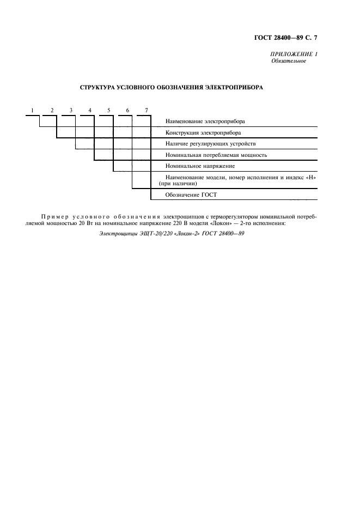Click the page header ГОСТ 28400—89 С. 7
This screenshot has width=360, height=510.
(285, 38)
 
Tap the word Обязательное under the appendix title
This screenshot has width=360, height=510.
(289, 61)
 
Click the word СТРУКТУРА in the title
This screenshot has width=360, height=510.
(100, 87)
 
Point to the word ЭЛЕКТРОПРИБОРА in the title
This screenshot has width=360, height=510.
(238, 87)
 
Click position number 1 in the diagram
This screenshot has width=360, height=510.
(33, 111)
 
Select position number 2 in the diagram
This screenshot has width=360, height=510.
(52, 111)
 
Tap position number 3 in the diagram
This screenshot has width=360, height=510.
(71, 111)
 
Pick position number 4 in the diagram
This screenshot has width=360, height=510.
(90, 111)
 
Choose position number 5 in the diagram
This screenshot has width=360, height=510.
(109, 111)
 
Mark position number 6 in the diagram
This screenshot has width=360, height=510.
(127, 111)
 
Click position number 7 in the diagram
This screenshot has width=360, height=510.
(147, 111)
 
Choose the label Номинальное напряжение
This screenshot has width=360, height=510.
(200, 166)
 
